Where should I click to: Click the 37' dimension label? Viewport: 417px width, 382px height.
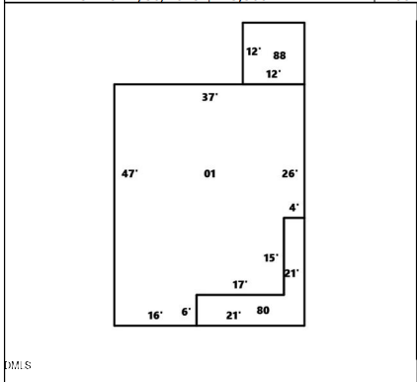click(x=209, y=97)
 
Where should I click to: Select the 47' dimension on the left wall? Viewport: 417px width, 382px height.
click(x=129, y=174)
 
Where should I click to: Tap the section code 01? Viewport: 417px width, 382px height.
click(x=209, y=174)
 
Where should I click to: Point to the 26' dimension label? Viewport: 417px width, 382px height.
click(x=290, y=174)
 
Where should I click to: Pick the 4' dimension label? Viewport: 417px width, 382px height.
click(x=293, y=207)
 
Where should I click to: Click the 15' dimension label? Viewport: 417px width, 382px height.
click(x=271, y=257)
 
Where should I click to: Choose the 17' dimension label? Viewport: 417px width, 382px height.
click(x=240, y=284)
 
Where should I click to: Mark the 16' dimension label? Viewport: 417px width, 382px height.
click(x=155, y=315)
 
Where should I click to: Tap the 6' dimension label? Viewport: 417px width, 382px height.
click(x=186, y=312)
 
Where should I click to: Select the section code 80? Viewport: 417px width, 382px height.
click(x=263, y=311)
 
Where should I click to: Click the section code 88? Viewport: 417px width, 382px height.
click(x=280, y=56)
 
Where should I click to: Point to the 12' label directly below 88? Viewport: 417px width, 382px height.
click(x=273, y=73)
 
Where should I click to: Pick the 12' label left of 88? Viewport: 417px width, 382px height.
click(x=254, y=51)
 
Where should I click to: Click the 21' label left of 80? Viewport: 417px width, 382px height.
click(x=233, y=315)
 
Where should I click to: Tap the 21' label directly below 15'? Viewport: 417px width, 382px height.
click(x=292, y=273)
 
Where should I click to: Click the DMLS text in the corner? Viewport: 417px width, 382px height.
click(x=17, y=366)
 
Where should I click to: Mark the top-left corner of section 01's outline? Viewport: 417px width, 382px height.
click(x=115, y=84)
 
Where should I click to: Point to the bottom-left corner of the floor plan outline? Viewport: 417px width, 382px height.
click(x=115, y=325)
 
